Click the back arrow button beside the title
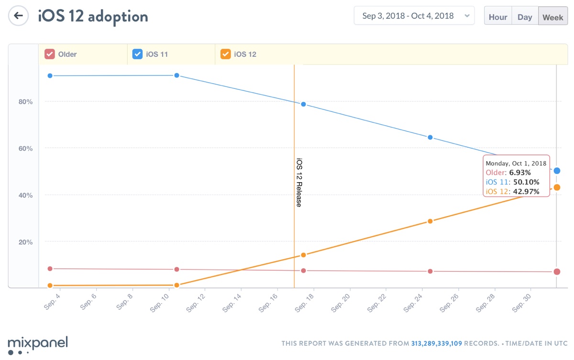click(x=18, y=16)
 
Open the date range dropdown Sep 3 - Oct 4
click(x=414, y=16)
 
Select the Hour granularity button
click(x=498, y=17)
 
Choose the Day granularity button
click(x=525, y=17)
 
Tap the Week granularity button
click(x=552, y=17)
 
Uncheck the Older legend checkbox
click(x=49, y=54)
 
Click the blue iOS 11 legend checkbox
click(x=137, y=54)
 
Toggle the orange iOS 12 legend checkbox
click(x=225, y=54)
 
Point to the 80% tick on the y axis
click(x=26, y=102)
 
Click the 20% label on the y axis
click(x=26, y=242)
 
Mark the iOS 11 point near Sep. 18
click(x=303, y=104)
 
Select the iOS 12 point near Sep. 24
click(x=430, y=221)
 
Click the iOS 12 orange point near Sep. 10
click(x=177, y=285)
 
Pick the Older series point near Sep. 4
click(x=50, y=269)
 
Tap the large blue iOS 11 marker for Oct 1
click(x=557, y=171)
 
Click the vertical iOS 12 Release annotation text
click(x=299, y=182)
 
